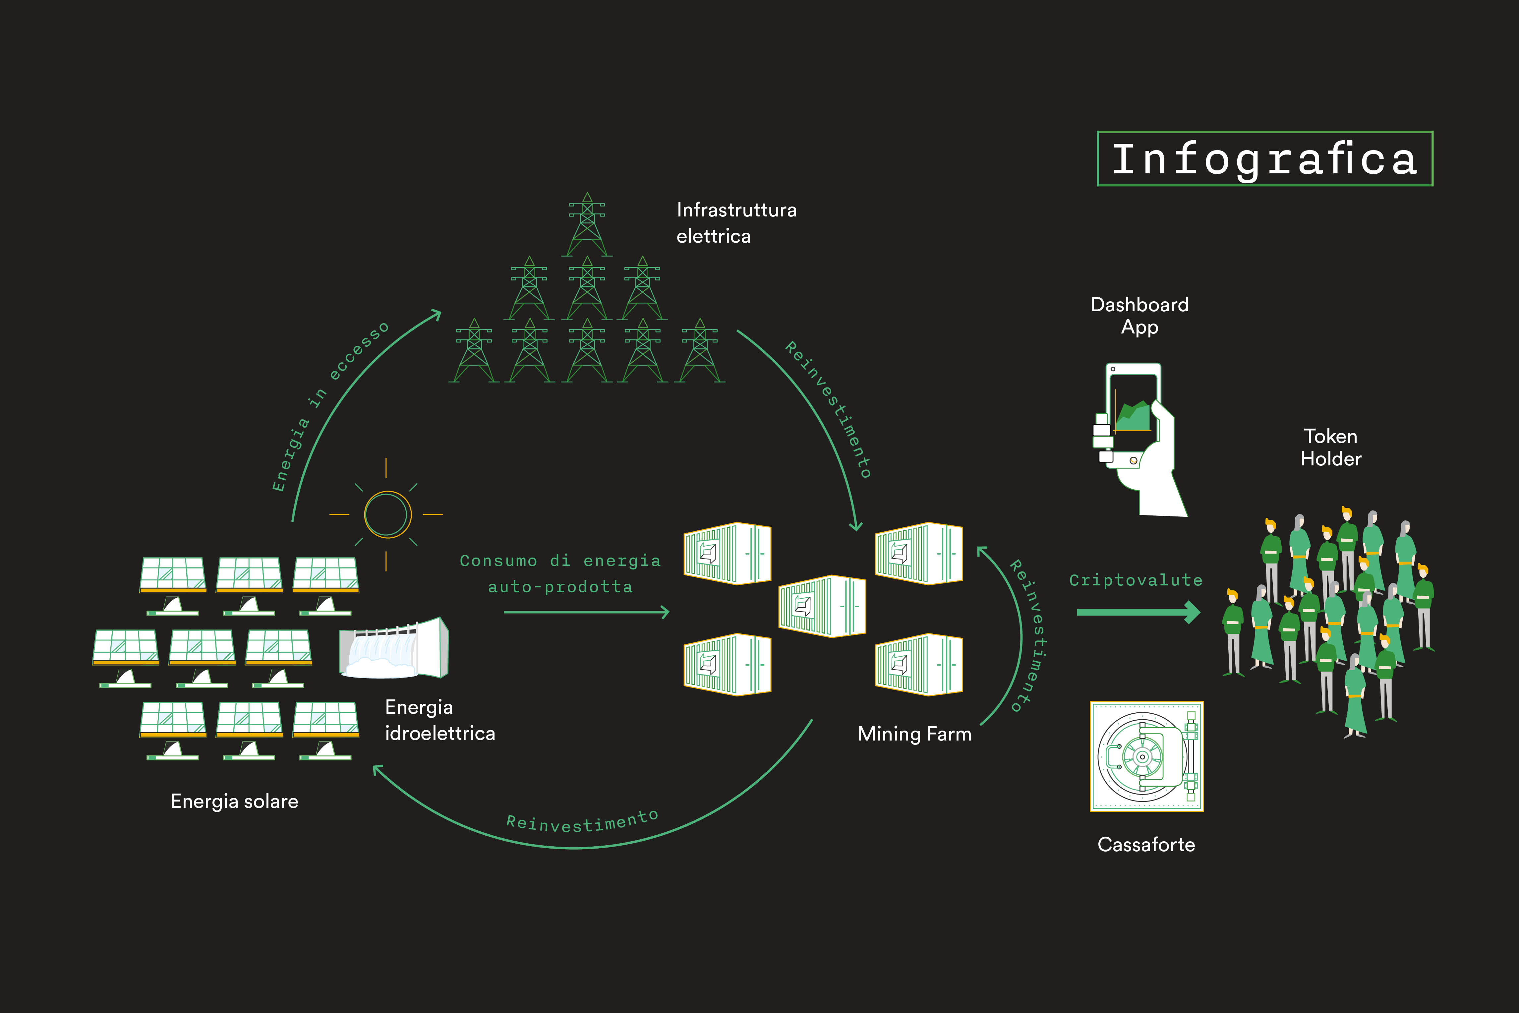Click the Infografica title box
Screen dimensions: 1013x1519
pos(1264,159)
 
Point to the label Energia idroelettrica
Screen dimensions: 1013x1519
pos(440,720)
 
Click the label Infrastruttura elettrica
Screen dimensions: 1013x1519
pos(736,223)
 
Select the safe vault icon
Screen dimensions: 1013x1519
pos(1146,756)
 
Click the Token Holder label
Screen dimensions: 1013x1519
pos(1330,447)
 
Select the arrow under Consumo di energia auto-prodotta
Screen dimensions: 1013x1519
pos(586,612)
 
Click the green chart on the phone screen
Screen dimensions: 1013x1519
pos(1134,417)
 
